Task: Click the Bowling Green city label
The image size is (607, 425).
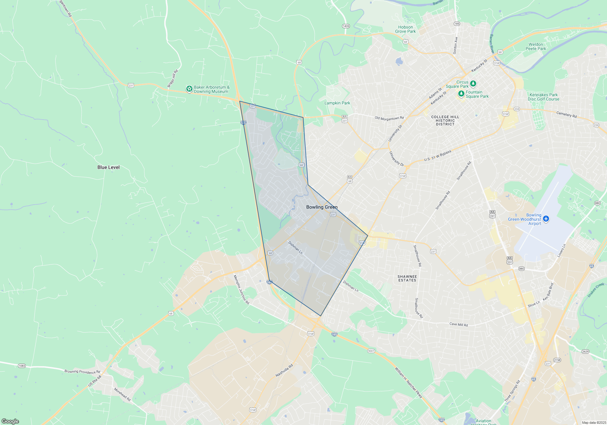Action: [x=322, y=207]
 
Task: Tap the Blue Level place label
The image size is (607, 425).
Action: [x=108, y=167]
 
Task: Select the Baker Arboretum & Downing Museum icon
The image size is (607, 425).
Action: [x=189, y=89]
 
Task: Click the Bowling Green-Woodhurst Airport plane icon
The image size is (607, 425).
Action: [x=546, y=219]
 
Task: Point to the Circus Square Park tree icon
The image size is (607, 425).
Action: [x=473, y=83]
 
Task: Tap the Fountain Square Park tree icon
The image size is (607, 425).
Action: [x=461, y=93]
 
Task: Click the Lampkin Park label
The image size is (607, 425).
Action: [x=337, y=103]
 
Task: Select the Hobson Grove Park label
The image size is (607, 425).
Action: [x=405, y=29]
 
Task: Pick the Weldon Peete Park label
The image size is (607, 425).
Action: [x=536, y=46]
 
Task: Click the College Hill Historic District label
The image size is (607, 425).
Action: [x=445, y=121]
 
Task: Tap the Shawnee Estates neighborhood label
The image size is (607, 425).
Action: [x=407, y=278]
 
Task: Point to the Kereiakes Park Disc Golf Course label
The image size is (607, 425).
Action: [x=543, y=97]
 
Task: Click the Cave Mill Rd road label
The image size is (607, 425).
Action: [x=459, y=325]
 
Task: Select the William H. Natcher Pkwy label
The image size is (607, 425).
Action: [x=408, y=382]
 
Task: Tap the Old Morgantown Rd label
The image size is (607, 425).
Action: [x=389, y=118]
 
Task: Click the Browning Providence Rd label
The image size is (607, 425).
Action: [x=82, y=372]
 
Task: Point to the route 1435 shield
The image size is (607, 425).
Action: [x=346, y=26]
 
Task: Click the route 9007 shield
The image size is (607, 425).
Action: [x=371, y=351]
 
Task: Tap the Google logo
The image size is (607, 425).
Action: [x=10, y=421]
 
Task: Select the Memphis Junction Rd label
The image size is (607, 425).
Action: [x=241, y=290]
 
